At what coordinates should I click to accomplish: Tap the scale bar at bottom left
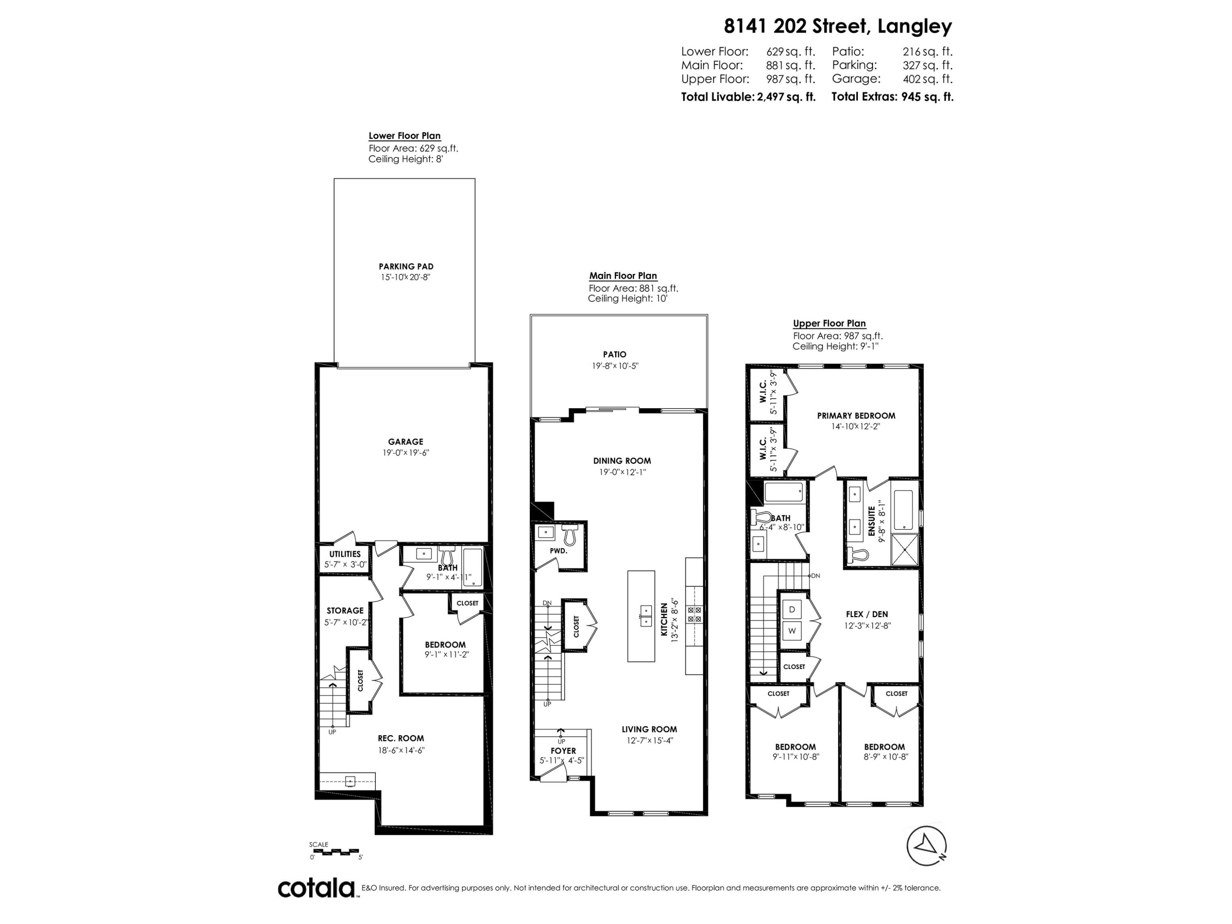pos(335,852)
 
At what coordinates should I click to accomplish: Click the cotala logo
pos(316,888)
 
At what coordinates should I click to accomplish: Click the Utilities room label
pos(345,554)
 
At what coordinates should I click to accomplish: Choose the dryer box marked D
pos(791,609)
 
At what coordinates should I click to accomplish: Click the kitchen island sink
pos(646,616)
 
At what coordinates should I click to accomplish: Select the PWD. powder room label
pos(558,551)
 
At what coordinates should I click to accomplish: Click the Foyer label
pos(563,751)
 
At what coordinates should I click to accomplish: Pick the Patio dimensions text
pos(614,366)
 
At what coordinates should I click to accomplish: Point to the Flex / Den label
pos(867,614)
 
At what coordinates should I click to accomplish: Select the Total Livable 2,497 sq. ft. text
pos(748,97)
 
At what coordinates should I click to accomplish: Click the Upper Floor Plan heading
pos(829,323)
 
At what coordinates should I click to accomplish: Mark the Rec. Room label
pos(400,738)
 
